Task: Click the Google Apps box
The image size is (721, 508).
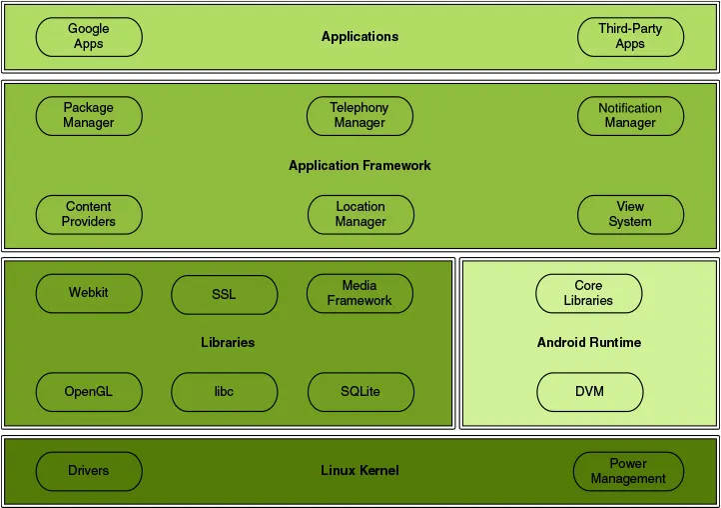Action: point(89,37)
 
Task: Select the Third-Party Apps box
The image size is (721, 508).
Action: point(630,37)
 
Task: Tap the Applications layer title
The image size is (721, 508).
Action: point(360,37)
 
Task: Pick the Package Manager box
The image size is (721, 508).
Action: point(89,116)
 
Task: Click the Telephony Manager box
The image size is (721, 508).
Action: point(360,116)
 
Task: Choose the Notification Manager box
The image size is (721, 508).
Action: point(630,116)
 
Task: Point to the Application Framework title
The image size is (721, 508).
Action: point(360,166)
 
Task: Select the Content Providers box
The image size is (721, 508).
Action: point(89,215)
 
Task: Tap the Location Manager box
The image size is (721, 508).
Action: point(360,215)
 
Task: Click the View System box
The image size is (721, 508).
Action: point(630,215)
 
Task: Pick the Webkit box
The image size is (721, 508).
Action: point(89,294)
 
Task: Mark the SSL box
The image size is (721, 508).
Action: point(224,295)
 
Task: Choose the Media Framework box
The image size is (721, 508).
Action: point(360,294)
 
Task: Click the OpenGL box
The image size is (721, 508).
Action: point(89,392)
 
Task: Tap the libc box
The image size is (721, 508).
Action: point(224,392)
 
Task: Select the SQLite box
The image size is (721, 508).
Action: point(360,392)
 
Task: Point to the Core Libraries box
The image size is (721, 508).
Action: point(588,294)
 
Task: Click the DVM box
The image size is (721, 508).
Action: point(588,392)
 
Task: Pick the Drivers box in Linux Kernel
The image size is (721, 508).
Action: point(89,471)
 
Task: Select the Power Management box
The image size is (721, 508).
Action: point(628,471)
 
